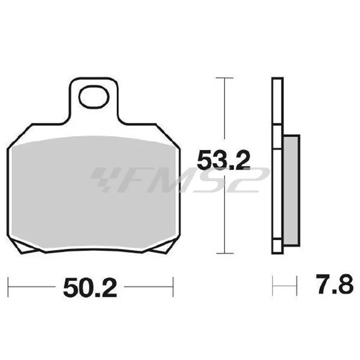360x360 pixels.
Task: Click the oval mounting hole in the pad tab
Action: click(94, 96)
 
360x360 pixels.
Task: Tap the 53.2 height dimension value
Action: click(224, 160)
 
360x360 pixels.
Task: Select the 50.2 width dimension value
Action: click(90, 287)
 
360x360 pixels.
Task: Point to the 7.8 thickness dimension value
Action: click(334, 284)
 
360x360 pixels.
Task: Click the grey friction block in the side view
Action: click(292, 191)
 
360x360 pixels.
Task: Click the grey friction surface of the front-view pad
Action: click(94, 193)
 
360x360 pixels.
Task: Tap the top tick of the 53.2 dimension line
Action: click(225, 78)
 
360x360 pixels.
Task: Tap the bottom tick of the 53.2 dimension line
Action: click(225, 253)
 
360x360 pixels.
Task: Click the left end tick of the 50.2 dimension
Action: click(8, 287)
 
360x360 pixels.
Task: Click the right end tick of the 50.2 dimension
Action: click(173, 287)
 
